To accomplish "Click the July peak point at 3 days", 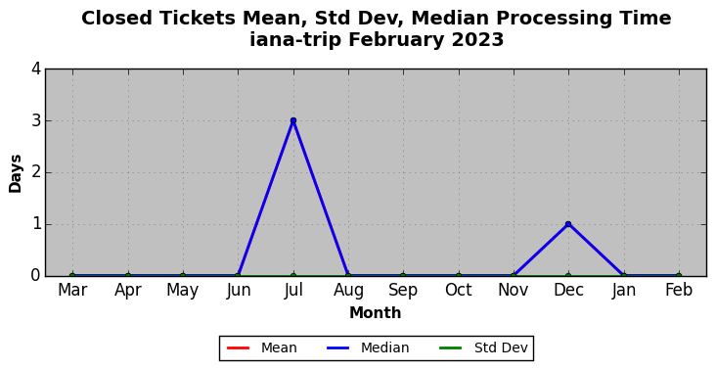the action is [293, 120].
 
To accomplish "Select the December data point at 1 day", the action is [568, 224].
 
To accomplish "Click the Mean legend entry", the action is [261, 348].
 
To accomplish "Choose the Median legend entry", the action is [368, 348].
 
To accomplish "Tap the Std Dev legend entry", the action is [483, 348].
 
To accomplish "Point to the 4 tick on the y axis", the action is [36, 69].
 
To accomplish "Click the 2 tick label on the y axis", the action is [36, 172].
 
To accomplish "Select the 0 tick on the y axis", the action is [36, 275].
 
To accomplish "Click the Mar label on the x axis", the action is [72, 290].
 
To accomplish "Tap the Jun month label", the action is [238, 291].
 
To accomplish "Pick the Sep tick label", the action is [403, 291].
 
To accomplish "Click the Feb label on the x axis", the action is [679, 290].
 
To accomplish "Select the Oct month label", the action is [459, 290].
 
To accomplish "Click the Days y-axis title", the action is [15, 173].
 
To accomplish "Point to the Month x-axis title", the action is [376, 313].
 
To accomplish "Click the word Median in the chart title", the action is [450, 19].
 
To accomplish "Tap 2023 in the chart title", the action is [477, 40].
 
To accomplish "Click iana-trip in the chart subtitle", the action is [295, 40].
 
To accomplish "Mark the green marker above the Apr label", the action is [128, 276].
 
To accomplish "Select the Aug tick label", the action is [348, 291].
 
